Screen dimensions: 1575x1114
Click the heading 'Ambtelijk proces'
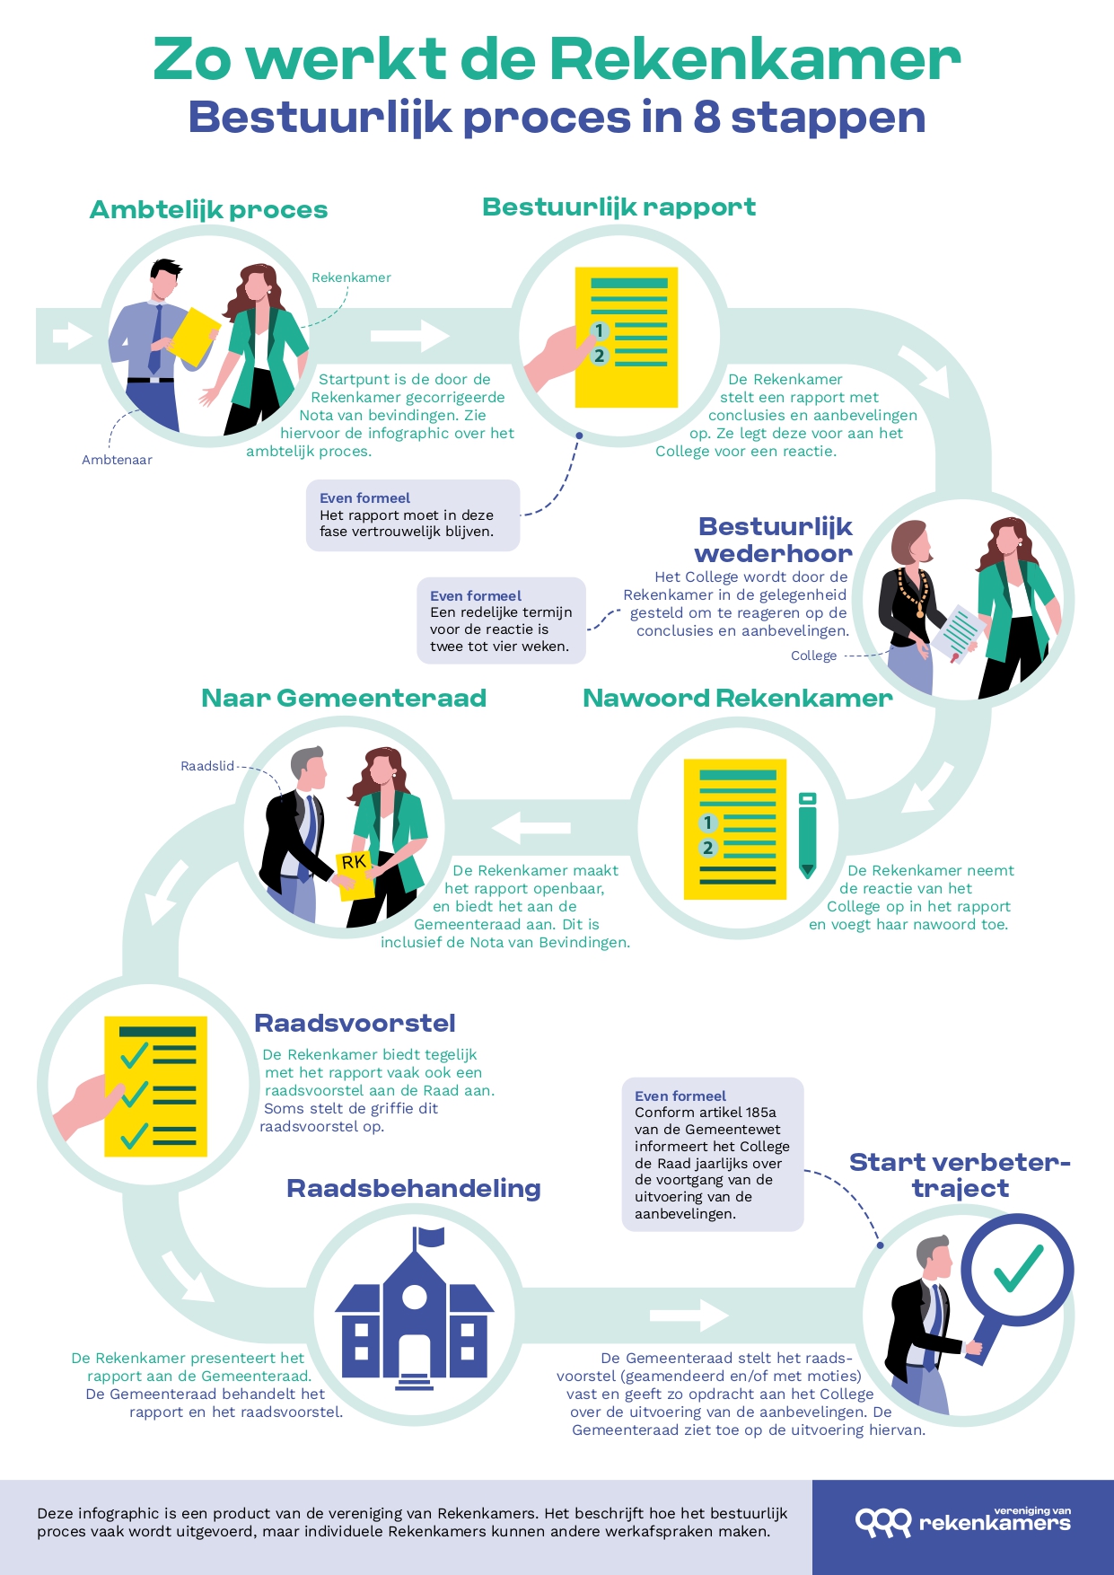208,210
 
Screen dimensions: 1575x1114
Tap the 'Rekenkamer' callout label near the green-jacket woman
351,277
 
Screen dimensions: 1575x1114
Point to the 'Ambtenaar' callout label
117,460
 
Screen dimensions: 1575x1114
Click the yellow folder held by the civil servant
194,337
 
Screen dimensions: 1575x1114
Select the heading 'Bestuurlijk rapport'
618,207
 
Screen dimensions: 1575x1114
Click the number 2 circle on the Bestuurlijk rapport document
600,356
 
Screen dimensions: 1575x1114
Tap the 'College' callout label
813,656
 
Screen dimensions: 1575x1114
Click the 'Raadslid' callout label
206,766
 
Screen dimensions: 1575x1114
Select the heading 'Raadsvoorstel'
355,1024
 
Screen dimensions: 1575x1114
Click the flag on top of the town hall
431,1237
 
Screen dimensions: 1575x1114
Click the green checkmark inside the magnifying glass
1018,1267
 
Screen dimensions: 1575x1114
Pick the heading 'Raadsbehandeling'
413,1189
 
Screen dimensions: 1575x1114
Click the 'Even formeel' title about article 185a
680,1095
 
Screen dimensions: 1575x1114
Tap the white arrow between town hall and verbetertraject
689,1315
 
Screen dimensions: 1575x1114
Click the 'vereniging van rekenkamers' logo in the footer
962,1521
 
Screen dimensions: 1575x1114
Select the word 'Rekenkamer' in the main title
754,59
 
